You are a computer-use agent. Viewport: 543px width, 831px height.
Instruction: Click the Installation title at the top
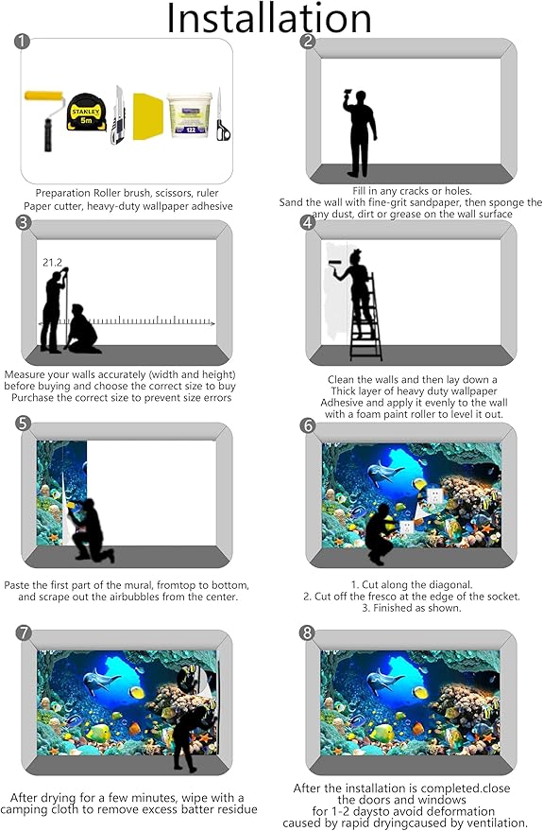coord(269,19)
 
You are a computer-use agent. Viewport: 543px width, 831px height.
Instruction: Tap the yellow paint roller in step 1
coord(45,120)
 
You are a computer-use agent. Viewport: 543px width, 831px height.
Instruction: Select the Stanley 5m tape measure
coord(86,113)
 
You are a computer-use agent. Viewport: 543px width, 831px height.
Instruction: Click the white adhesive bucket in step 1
coord(190,115)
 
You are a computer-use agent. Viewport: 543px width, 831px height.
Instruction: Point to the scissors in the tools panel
coord(222,115)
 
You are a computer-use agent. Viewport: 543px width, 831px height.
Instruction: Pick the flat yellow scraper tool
coord(147,116)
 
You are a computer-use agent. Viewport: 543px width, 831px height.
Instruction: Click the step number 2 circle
coord(308,41)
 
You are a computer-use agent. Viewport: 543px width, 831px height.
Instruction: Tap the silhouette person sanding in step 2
coord(360,133)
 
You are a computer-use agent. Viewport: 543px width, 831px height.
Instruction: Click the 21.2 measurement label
coord(52,262)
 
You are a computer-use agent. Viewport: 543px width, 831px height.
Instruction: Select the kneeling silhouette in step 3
coord(82,329)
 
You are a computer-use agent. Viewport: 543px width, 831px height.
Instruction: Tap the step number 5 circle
coord(24,424)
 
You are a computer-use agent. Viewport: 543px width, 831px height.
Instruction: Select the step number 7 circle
coord(24,632)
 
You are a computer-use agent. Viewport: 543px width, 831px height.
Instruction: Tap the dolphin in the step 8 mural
coord(386,681)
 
